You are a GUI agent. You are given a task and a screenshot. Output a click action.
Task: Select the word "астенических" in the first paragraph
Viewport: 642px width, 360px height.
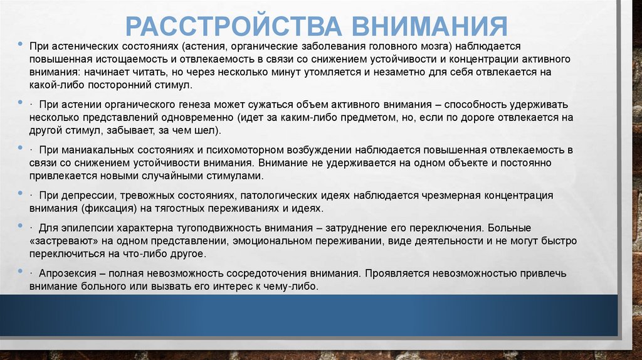click(82, 47)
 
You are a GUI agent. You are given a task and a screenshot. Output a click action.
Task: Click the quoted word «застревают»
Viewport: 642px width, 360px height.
click(58, 240)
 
